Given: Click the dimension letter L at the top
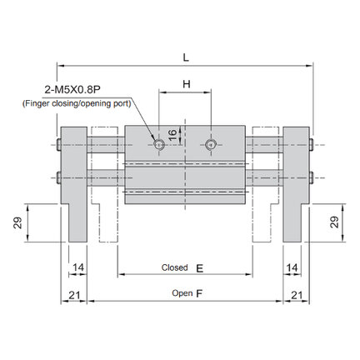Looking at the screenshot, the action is tap(186, 57).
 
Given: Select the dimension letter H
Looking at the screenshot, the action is tap(187, 83).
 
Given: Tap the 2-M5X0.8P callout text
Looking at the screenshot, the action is tap(72, 90).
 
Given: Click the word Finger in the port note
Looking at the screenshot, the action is tap(36, 103).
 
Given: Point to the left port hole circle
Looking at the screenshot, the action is tap(159, 144).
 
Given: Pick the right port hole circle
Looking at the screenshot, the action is tap(211, 144).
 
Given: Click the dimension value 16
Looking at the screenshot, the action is tap(172, 135).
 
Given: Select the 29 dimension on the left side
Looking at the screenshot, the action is tap(17, 222).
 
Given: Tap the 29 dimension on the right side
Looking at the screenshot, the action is tap(334, 222).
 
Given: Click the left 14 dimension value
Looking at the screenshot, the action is tap(78, 267).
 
